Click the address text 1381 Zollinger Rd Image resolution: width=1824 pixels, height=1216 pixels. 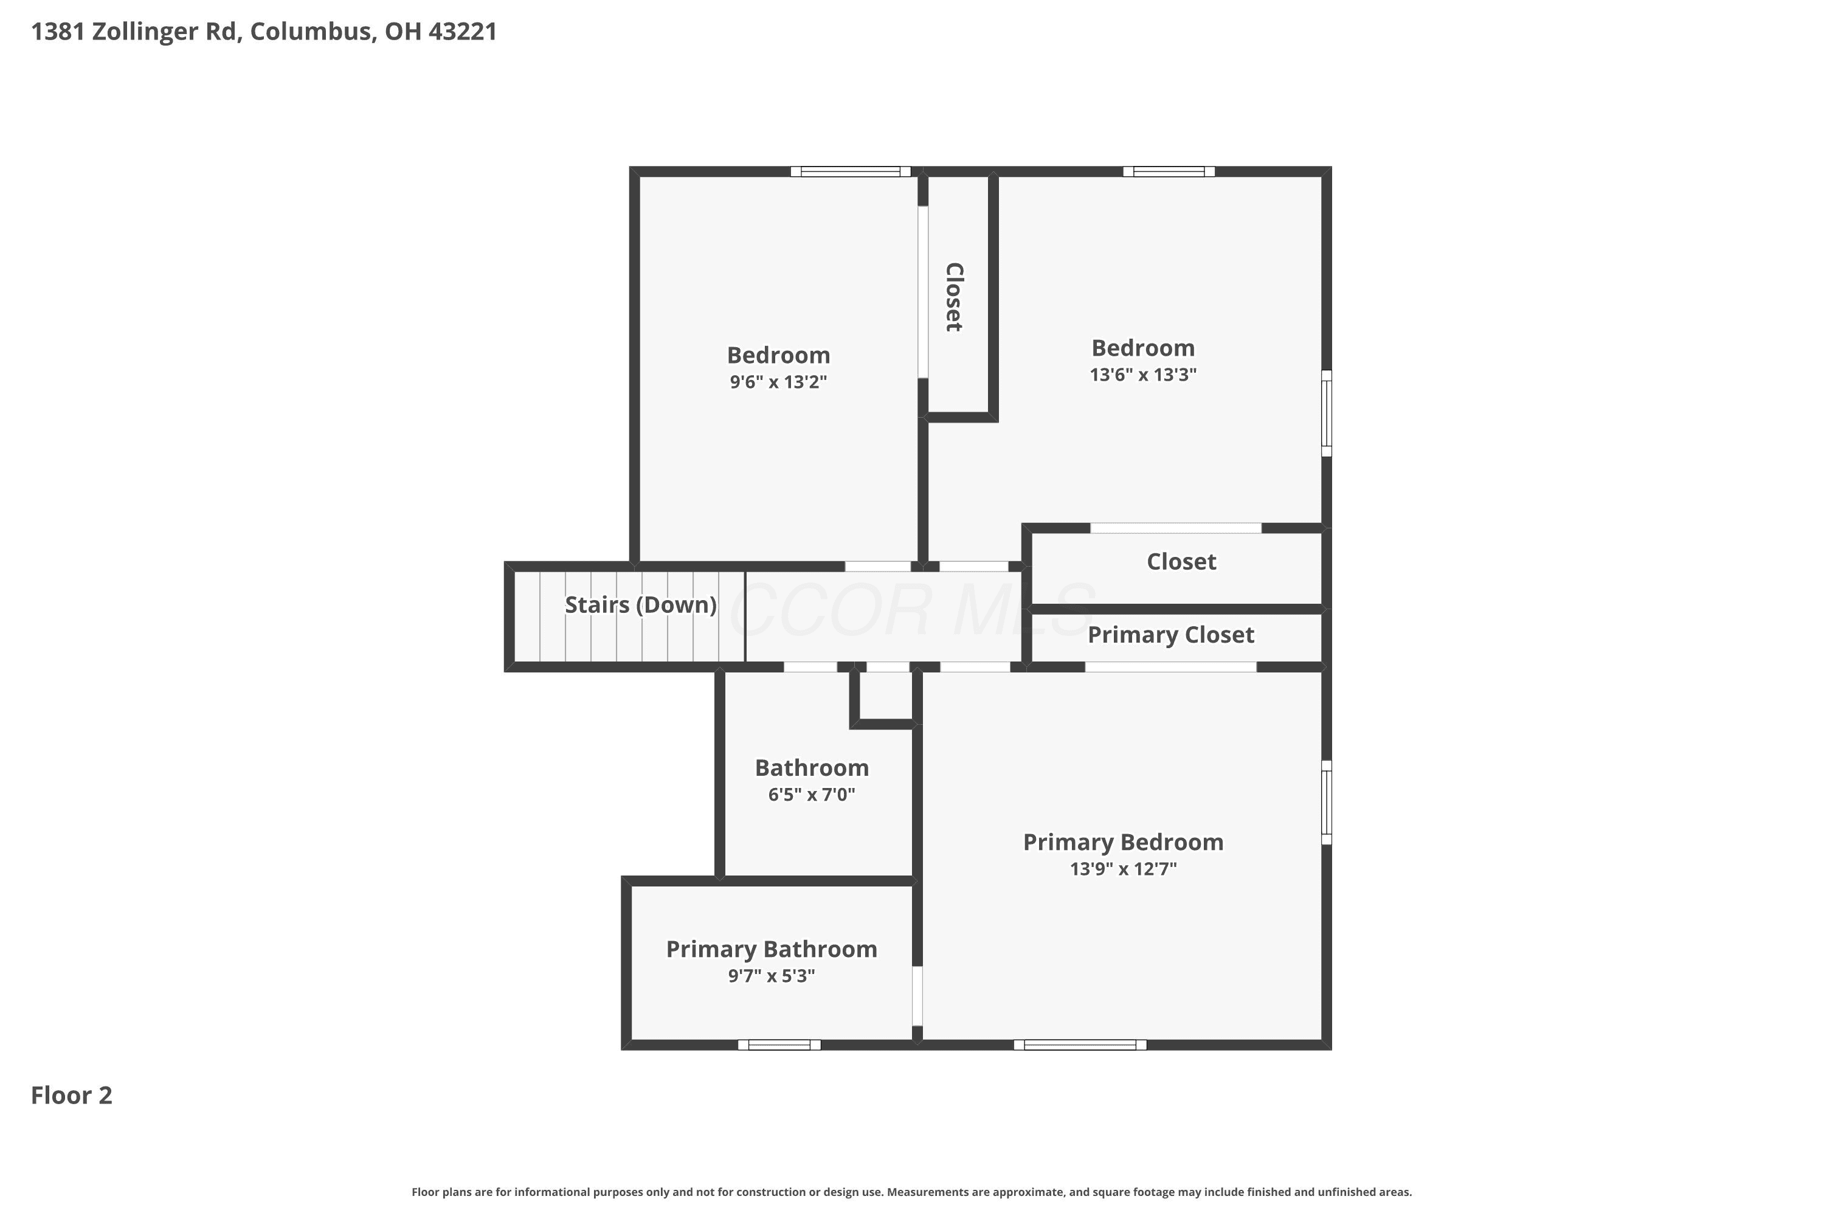tap(133, 32)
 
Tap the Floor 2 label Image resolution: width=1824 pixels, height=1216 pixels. tap(71, 1095)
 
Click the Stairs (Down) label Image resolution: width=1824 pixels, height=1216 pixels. tap(641, 605)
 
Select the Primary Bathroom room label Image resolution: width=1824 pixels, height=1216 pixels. tap(772, 949)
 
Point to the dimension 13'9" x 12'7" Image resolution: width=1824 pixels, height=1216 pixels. tap(1123, 869)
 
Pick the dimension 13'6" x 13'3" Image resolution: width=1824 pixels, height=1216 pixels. tap(1143, 374)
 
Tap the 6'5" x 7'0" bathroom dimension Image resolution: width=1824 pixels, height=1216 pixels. tap(811, 794)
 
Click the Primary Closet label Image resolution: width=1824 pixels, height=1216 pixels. tap(1170, 635)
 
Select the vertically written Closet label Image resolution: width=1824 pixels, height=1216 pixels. tap(954, 297)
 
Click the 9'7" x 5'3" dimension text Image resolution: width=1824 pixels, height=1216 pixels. tap(771, 976)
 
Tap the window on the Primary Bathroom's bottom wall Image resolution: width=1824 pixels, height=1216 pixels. tap(779, 1045)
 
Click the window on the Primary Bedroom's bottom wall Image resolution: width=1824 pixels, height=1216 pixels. tap(1080, 1045)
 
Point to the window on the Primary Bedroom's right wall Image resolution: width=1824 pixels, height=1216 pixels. tap(1326, 802)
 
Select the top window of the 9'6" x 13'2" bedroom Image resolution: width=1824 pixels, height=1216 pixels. tap(850, 171)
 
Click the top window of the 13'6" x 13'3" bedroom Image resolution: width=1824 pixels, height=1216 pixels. tap(1169, 171)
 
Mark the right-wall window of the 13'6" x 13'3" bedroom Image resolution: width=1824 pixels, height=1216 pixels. tap(1326, 413)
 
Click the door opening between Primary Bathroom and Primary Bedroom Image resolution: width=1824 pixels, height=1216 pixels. tap(917, 996)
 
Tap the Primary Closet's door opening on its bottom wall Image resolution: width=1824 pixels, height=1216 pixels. tap(1170, 667)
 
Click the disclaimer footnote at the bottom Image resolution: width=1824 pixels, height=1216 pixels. tap(911, 1192)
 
